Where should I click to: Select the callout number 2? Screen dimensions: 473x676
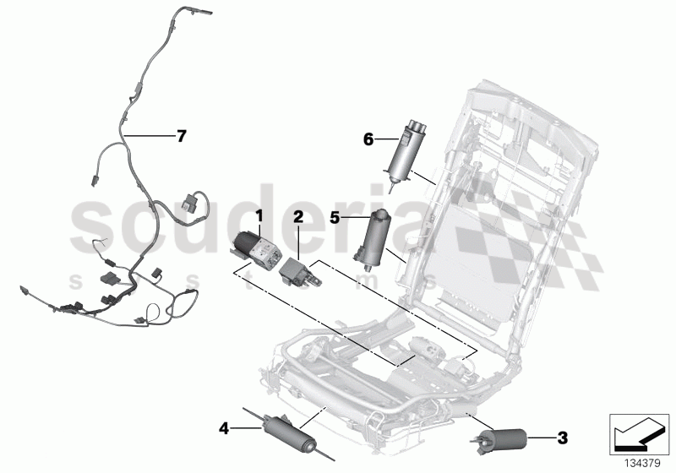298,215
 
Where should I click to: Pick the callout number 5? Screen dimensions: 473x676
335,217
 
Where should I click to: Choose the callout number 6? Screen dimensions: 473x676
368,141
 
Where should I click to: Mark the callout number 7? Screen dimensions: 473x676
180,135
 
